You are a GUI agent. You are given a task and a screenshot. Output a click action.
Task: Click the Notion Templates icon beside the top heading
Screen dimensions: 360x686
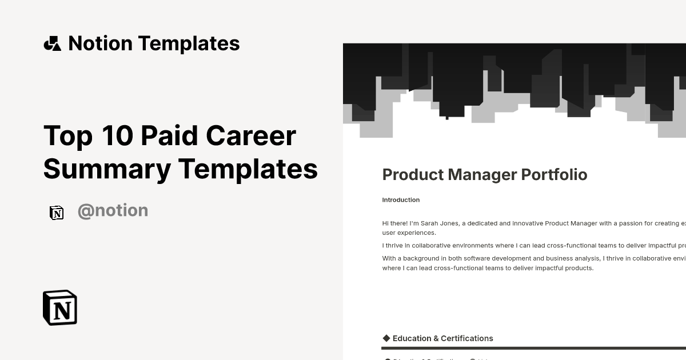53,43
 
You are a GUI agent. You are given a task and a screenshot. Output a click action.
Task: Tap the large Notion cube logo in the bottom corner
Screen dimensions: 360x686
60,308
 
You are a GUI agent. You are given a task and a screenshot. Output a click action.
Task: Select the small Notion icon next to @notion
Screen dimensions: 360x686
57,213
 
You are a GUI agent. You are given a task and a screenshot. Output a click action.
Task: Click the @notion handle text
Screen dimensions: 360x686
113,211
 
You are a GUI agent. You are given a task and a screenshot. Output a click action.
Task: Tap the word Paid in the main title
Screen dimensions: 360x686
169,136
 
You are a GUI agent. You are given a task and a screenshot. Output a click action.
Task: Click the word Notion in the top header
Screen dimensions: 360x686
100,43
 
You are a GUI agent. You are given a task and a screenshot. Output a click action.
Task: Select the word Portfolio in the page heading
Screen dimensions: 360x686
554,175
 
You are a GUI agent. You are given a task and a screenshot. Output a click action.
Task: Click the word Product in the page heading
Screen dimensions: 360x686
407,175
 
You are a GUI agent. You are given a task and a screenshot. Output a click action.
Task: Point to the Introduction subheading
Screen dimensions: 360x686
401,200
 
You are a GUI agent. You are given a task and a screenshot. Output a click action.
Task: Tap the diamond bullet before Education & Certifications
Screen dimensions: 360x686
386,338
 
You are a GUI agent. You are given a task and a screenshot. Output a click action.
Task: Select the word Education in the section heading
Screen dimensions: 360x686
412,338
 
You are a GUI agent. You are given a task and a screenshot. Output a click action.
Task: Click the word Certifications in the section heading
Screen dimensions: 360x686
467,338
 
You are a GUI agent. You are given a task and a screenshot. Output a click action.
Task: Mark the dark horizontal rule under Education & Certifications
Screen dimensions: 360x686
532,348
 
